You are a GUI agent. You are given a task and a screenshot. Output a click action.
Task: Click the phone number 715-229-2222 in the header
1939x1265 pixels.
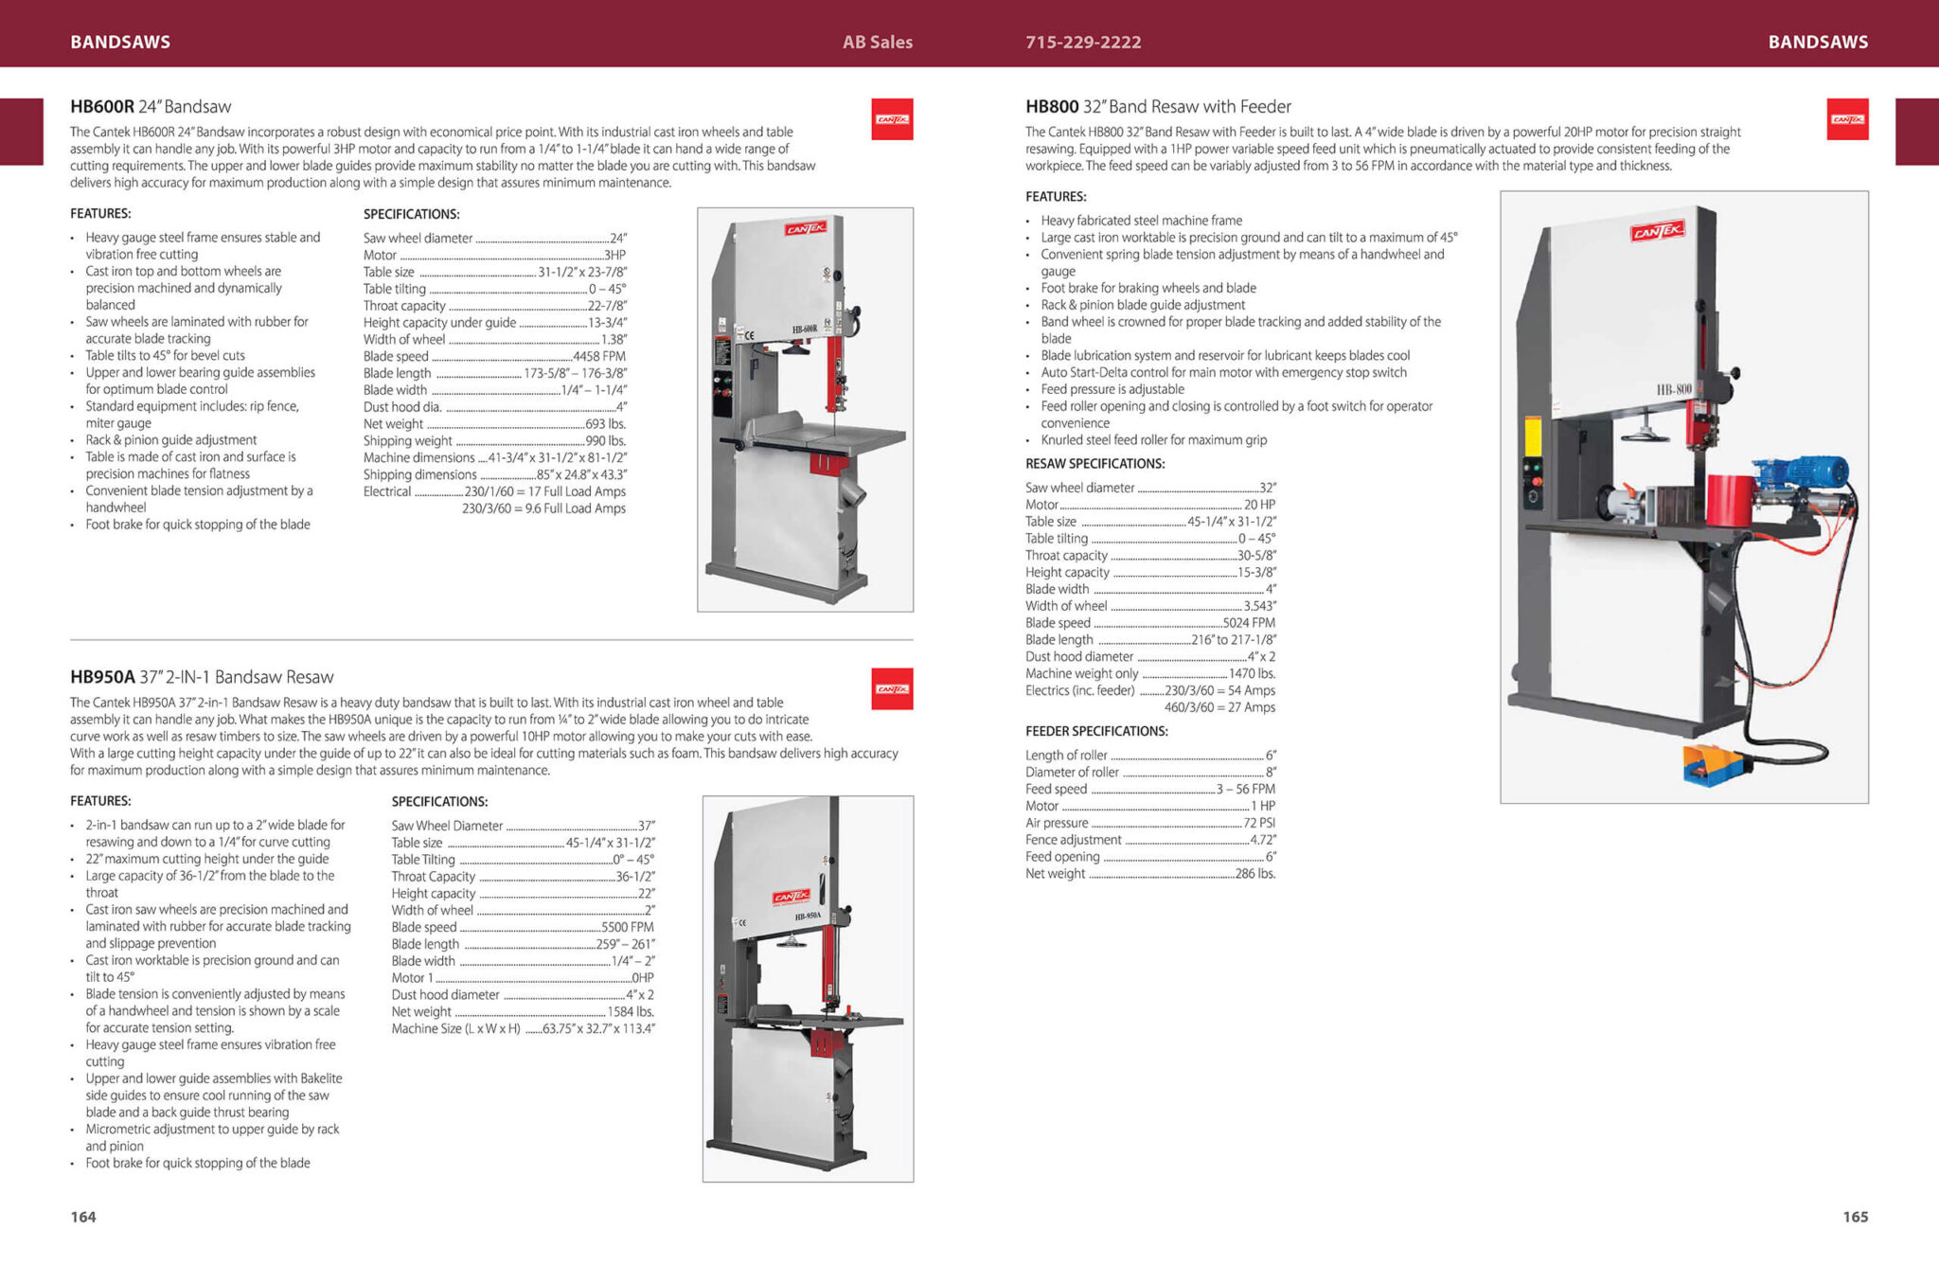1083,42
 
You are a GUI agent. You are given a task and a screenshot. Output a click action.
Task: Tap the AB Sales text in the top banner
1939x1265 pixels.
878,42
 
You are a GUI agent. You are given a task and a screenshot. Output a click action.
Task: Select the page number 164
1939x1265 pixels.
83,1217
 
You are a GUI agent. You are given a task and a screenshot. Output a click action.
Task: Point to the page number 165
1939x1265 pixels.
1856,1217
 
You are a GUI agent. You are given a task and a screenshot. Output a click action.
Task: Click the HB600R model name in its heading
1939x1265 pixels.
102,106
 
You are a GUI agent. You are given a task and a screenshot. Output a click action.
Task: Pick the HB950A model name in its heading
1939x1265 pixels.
102,677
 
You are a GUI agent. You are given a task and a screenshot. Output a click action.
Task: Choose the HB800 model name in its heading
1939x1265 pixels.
1052,106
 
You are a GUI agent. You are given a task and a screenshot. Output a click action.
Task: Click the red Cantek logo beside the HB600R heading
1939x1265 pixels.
892,119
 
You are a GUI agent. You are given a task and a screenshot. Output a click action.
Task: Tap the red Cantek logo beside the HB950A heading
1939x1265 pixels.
892,689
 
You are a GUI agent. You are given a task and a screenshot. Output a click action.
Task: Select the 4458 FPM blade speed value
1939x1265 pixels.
599,356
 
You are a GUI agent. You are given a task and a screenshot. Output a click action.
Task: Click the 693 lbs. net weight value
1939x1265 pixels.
606,423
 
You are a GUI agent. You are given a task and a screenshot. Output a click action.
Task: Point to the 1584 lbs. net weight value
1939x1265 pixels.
631,1011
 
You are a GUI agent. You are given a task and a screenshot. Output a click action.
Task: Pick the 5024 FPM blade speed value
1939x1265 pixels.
1249,623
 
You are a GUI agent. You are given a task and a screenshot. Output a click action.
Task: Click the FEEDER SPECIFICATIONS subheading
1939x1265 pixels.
1096,731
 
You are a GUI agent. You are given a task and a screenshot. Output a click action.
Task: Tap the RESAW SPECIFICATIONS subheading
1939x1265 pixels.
1095,464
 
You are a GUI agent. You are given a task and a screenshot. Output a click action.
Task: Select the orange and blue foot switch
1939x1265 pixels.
1715,763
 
